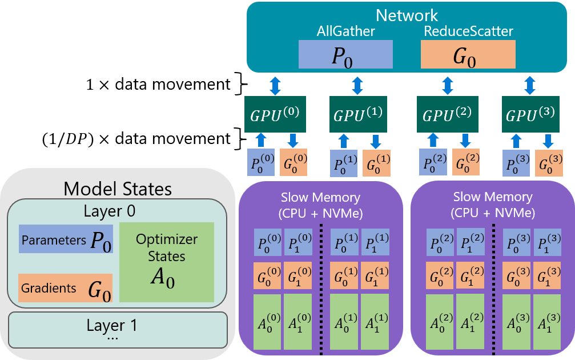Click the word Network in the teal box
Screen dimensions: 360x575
407,15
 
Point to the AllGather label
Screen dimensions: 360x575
346,31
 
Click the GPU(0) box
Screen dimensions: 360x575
275,115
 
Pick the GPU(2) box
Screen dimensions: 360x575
447,115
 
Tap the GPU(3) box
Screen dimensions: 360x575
530,115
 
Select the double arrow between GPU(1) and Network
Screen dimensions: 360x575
358,86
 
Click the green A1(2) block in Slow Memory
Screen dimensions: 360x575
470,321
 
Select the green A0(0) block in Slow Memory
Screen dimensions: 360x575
268,321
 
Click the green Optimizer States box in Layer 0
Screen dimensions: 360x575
166,262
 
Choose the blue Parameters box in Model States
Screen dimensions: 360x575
65,239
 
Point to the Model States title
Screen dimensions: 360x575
118,188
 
